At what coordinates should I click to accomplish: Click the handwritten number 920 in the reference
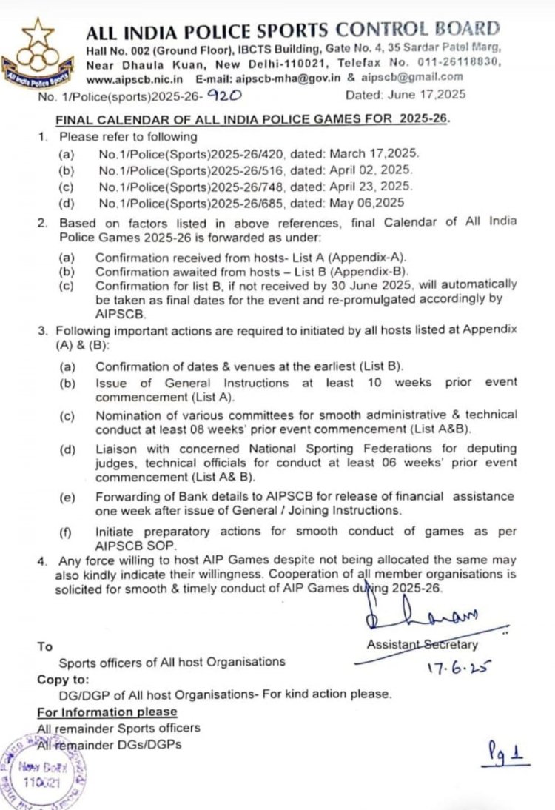coord(221,95)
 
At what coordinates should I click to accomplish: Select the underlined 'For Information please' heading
coord(107,712)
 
